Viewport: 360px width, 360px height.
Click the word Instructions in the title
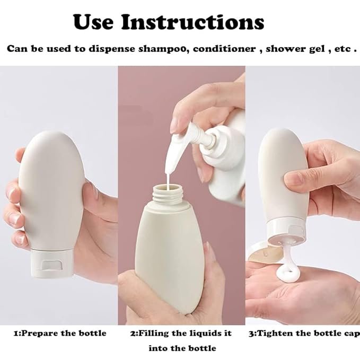pyautogui.click(x=192, y=22)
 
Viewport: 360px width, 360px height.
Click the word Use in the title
pyautogui.click(x=93, y=22)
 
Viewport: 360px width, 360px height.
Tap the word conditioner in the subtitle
pyautogui.click(x=224, y=49)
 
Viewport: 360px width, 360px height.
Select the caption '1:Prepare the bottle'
pyautogui.click(x=60, y=333)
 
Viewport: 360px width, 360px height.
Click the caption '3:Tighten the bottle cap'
pyautogui.click(x=304, y=333)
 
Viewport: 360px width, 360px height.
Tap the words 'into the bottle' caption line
pyautogui.click(x=182, y=348)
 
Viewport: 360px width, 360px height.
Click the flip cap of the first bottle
pyautogui.click(x=52, y=264)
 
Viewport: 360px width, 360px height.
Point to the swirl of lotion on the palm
pyautogui.click(x=288, y=274)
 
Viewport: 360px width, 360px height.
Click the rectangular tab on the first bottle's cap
pyautogui.click(x=52, y=266)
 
